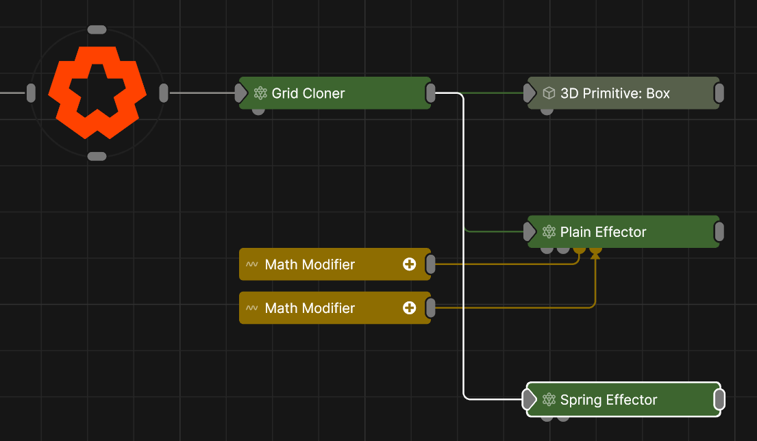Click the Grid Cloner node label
[x=308, y=93]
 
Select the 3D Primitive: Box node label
[x=615, y=93]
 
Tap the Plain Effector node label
[x=603, y=232]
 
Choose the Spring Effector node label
[x=608, y=400]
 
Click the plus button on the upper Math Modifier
[x=410, y=264]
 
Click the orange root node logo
[x=97, y=92]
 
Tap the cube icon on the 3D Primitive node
[x=549, y=93]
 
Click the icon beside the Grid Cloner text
[x=260, y=93]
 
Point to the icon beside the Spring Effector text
[x=549, y=400]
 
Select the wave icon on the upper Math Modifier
[x=252, y=264]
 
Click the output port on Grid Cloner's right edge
[x=431, y=93]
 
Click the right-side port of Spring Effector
[x=719, y=400]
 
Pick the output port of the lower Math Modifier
[x=431, y=308]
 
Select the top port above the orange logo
[x=97, y=30]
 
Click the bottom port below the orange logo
[x=97, y=156]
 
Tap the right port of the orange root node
[x=164, y=93]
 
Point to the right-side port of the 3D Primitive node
[x=719, y=93]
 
